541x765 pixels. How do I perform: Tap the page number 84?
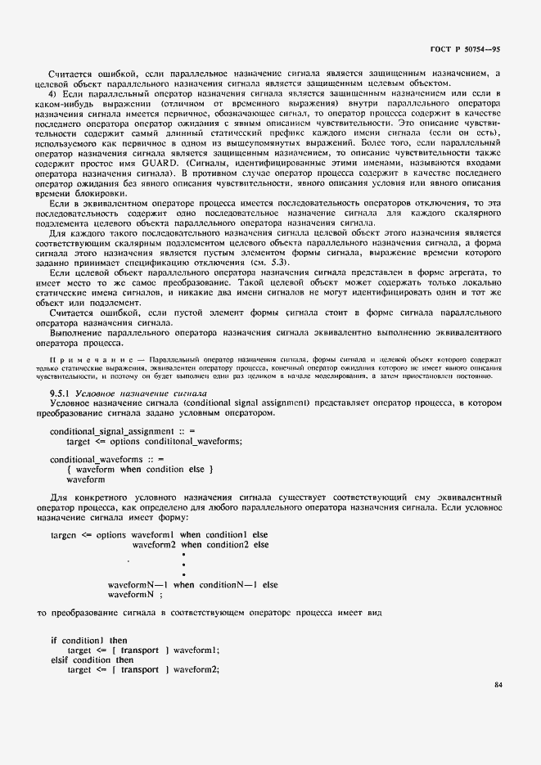point(498,685)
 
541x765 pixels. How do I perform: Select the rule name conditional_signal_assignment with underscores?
point(111,431)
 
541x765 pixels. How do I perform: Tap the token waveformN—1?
point(138,585)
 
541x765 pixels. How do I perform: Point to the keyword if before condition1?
point(54,640)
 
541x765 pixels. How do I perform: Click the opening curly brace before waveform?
point(70,470)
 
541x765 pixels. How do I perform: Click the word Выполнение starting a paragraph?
point(75,333)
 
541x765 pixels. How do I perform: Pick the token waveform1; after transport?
point(196,650)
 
